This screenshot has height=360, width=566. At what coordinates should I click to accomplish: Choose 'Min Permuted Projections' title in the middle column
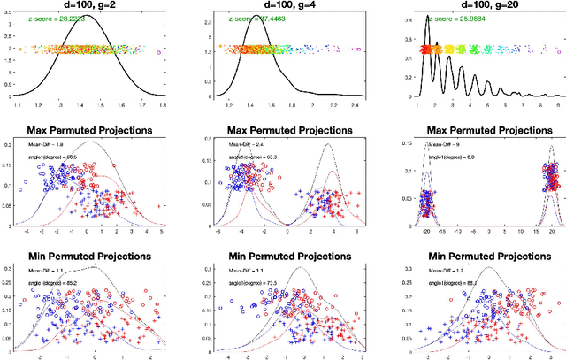[x=287, y=256]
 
